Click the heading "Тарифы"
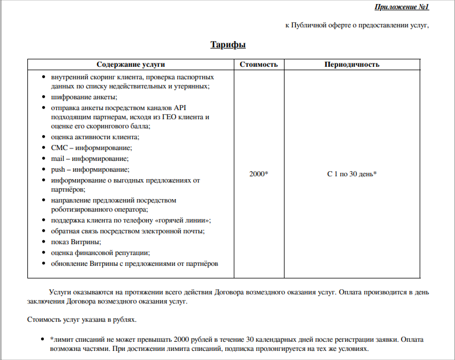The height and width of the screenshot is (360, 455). (227, 45)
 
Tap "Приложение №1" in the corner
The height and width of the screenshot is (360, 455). (401, 7)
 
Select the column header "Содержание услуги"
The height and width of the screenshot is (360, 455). (135, 64)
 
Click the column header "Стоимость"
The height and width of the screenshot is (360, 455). (259, 64)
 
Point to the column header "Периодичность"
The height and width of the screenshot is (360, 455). (352, 64)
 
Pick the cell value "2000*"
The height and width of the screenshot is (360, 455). (259, 174)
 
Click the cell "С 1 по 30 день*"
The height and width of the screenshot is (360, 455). (352, 174)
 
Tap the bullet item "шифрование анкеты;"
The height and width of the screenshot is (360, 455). (84, 97)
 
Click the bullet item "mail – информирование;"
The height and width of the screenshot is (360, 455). (90, 158)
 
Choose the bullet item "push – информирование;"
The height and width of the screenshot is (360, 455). (90, 169)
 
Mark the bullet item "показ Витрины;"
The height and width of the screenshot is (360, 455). (76, 242)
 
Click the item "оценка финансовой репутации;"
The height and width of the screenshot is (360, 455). (100, 252)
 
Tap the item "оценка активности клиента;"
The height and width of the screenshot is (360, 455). (95, 136)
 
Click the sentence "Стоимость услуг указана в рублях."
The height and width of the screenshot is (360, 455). (82, 319)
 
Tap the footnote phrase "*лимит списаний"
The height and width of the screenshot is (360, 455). (75, 339)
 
